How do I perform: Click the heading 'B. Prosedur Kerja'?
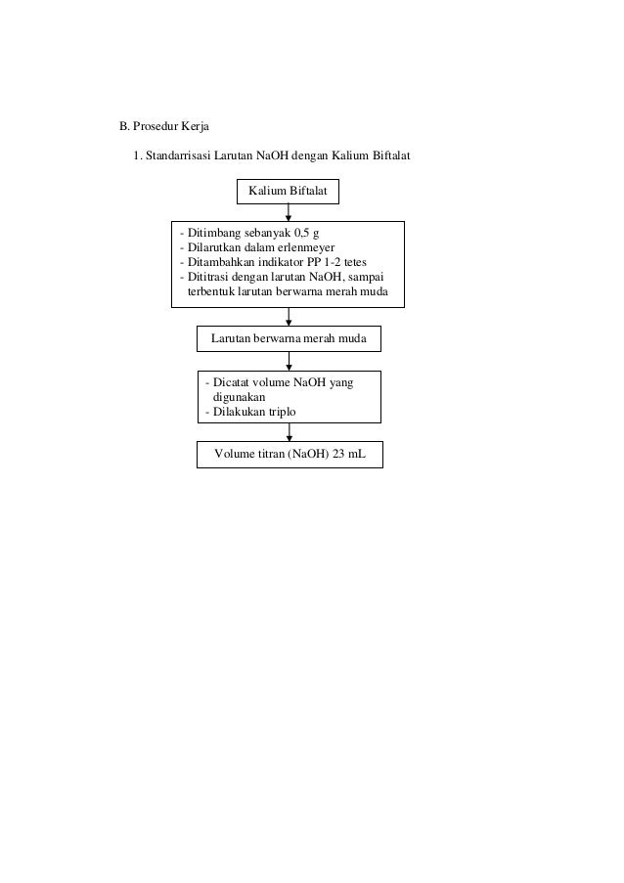tap(157, 126)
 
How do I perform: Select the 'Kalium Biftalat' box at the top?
tap(288, 189)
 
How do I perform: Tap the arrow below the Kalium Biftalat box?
tap(288, 211)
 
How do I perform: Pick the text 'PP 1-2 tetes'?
tap(338, 262)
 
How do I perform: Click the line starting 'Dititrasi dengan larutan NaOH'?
tap(283, 277)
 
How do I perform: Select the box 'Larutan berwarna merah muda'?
tap(289, 338)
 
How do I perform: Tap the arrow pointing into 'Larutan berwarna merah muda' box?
tap(288, 317)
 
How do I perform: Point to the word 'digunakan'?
tap(239, 398)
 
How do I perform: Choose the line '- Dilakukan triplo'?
tap(249, 413)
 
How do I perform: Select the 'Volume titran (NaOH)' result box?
tap(290, 456)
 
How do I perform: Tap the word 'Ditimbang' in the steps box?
tap(212, 233)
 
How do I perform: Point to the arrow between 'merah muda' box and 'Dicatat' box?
tap(288, 360)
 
